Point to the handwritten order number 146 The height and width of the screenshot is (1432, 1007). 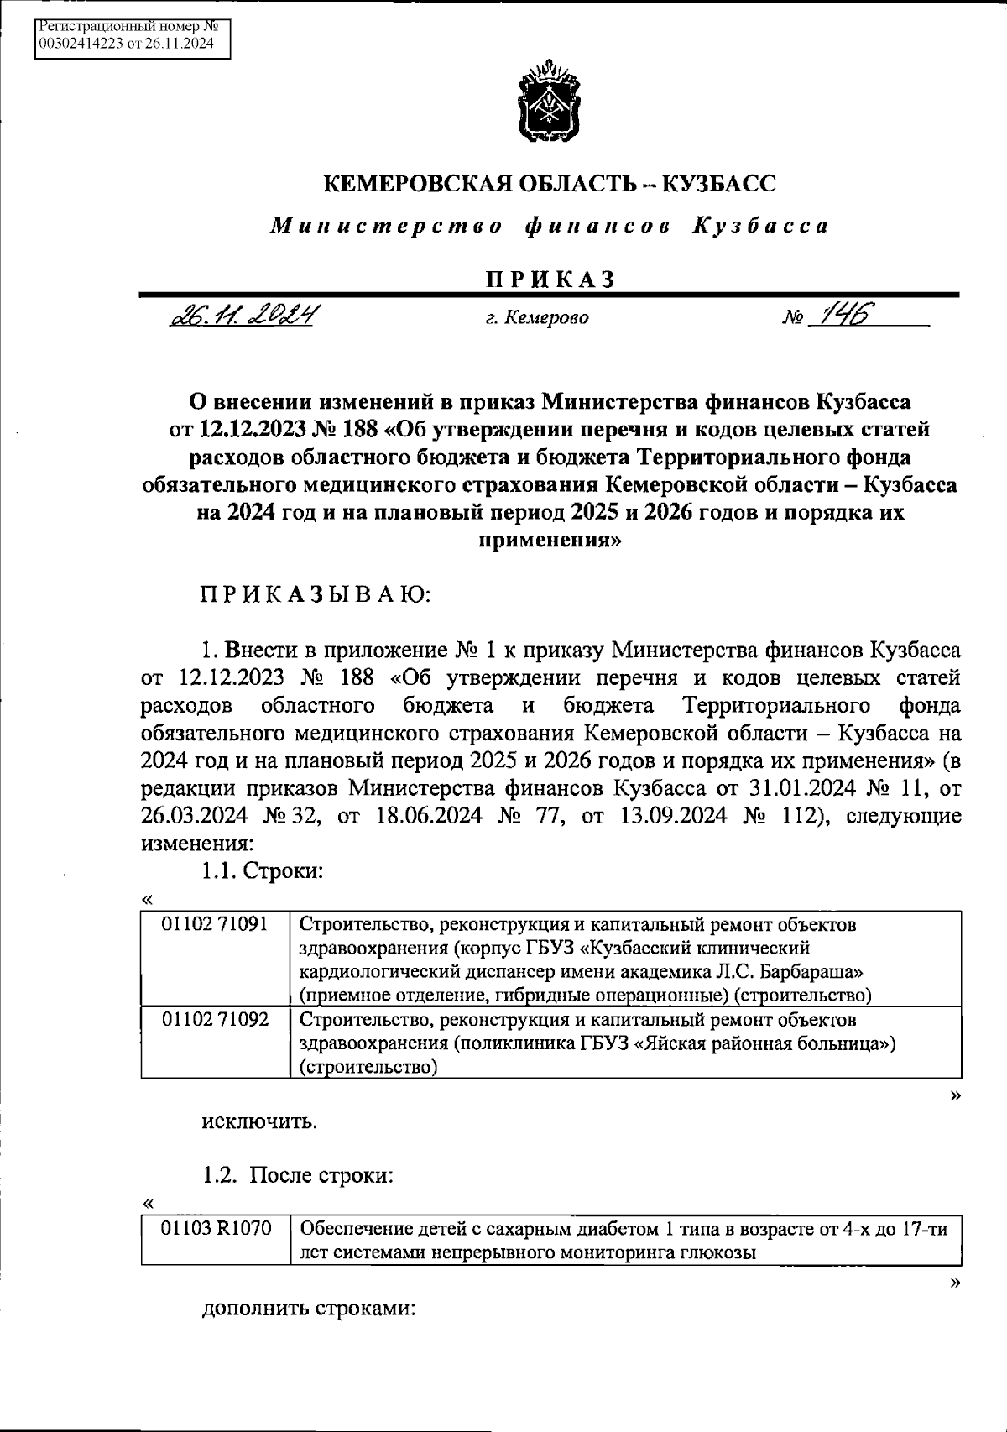847,314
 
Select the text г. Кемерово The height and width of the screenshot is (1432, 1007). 538,318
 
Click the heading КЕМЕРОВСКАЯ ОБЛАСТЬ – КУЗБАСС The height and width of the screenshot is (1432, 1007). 550,184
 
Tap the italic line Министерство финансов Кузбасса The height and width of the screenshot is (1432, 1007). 550,226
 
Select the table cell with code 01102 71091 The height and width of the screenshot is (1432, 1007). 215,924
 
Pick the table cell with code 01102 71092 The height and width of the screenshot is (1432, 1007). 215,1019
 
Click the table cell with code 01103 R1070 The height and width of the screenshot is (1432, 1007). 217,1229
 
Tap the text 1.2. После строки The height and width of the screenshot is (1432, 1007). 297,1175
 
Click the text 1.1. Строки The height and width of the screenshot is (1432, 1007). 262,871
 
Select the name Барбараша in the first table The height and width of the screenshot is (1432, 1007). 818,972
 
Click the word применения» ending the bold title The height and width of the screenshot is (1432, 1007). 550,541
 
